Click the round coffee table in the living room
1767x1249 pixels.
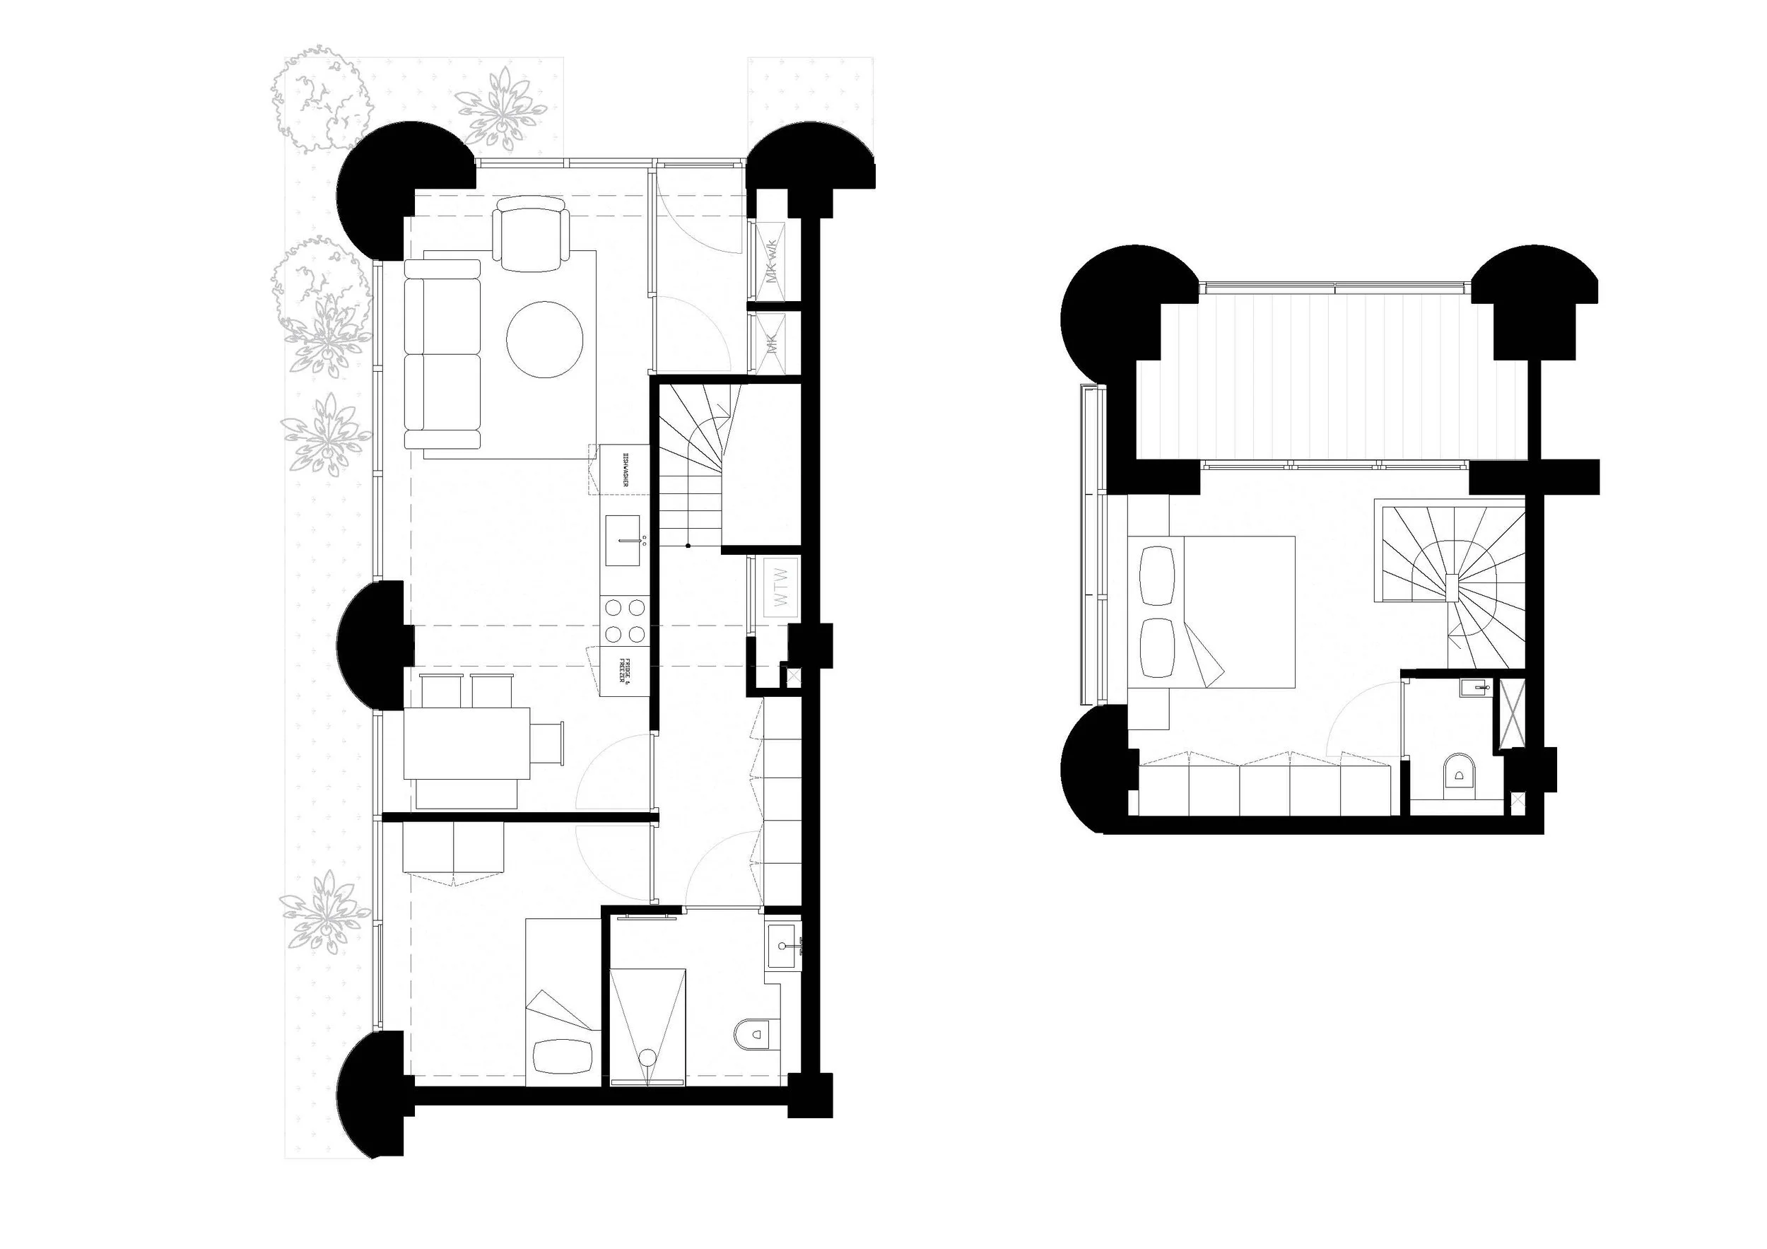pyautogui.click(x=545, y=339)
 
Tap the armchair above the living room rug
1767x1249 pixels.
pyautogui.click(x=531, y=233)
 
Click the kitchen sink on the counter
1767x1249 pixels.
pyautogui.click(x=623, y=540)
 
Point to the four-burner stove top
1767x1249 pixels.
pyautogui.click(x=624, y=621)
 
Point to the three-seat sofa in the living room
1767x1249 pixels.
pyautogui.click(x=442, y=354)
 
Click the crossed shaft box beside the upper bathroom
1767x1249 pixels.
pyautogui.click(x=1510, y=714)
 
